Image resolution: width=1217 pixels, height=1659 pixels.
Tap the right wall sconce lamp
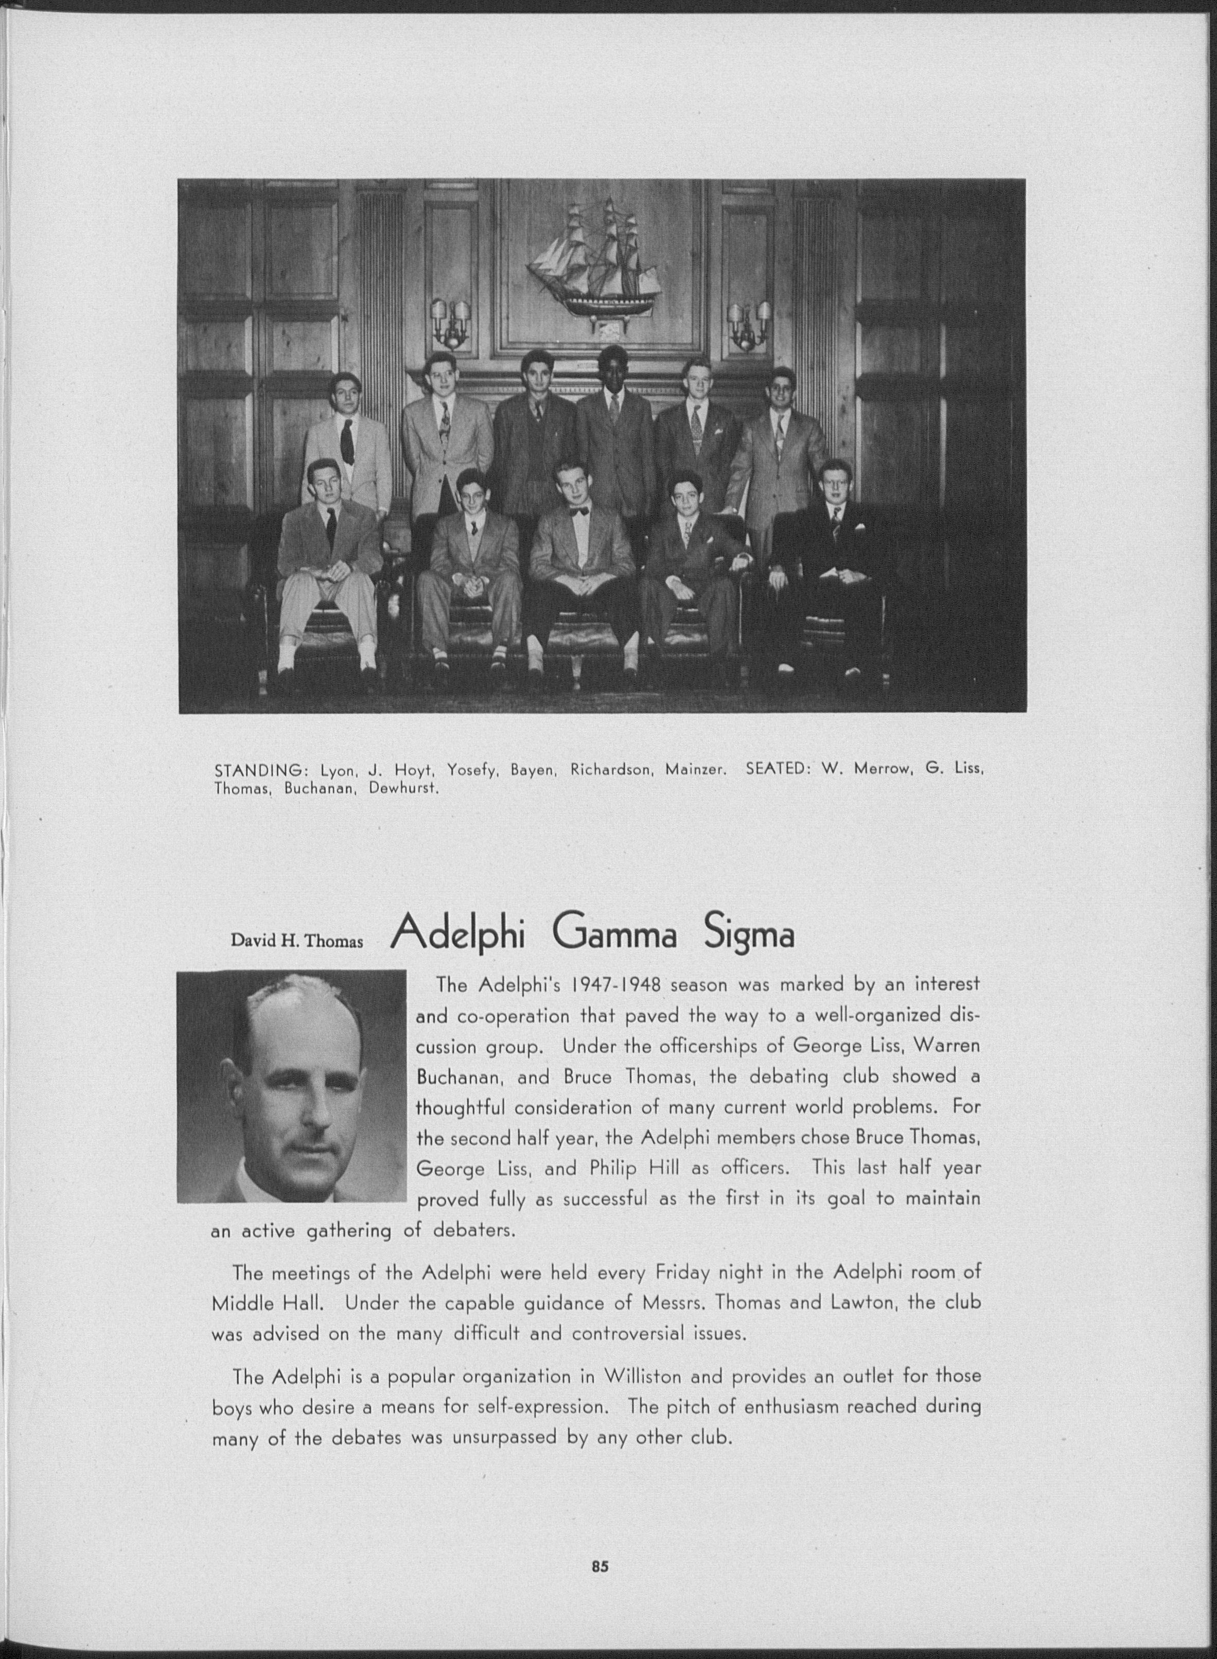749,324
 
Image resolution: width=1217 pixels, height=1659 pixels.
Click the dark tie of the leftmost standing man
346,440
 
